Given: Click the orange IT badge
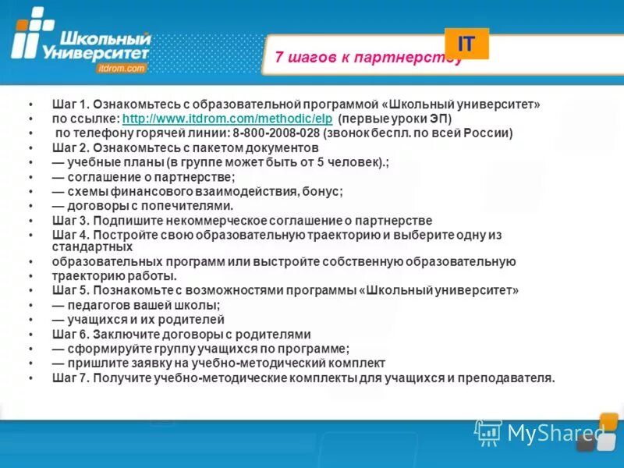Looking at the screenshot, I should (x=466, y=44).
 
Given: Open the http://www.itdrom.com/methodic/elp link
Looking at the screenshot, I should (x=228, y=119).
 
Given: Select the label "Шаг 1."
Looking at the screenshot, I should (x=72, y=104).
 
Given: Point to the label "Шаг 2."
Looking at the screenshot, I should (x=72, y=147).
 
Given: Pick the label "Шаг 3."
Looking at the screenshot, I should (x=72, y=221).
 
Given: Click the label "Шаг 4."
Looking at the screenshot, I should (x=72, y=235).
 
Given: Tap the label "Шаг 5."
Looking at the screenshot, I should (x=72, y=290).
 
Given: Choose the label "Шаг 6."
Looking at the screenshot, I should (x=72, y=334).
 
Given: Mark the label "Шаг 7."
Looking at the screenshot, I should (x=72, y=378).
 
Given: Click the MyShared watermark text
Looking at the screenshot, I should (x=555, y=431).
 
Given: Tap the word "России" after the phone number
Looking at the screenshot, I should (x=487, y=133).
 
